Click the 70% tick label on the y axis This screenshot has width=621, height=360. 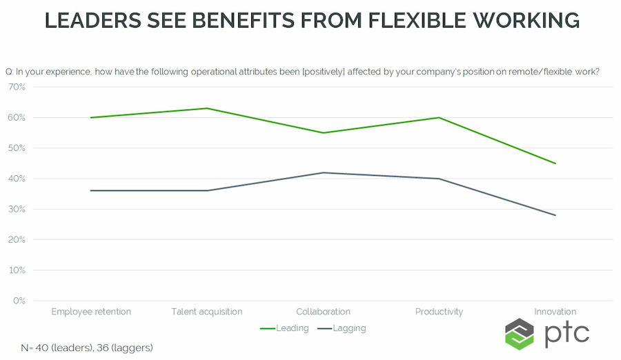17,87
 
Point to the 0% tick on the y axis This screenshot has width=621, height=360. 19,301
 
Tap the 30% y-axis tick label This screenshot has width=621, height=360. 17,209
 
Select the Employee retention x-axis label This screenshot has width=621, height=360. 91,312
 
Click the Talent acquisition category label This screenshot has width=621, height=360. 207,312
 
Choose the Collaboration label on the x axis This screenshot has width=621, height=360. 323,312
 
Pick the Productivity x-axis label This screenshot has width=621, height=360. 439,312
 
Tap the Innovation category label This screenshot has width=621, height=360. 555,312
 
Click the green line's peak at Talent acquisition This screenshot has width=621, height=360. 207,108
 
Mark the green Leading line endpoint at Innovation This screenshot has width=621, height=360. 555,163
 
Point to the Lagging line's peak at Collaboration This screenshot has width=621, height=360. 323,172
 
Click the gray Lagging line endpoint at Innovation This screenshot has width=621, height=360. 555,215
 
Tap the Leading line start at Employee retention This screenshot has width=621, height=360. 91,117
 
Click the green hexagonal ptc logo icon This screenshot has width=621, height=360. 520,334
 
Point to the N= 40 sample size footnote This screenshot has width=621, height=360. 86,348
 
